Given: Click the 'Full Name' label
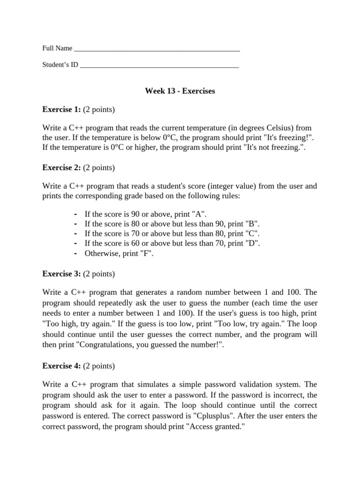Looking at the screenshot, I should coord(57,48).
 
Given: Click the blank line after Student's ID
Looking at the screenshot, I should coord(159,66).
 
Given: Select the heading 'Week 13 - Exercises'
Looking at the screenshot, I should coord(180,91).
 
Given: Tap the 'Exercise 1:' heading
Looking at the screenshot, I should coord(61,110).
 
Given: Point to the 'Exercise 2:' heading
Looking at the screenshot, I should coord(61,167).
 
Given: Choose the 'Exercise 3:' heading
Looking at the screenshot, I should coord(61,273).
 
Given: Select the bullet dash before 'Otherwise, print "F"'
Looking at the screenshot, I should coord(75,253).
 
